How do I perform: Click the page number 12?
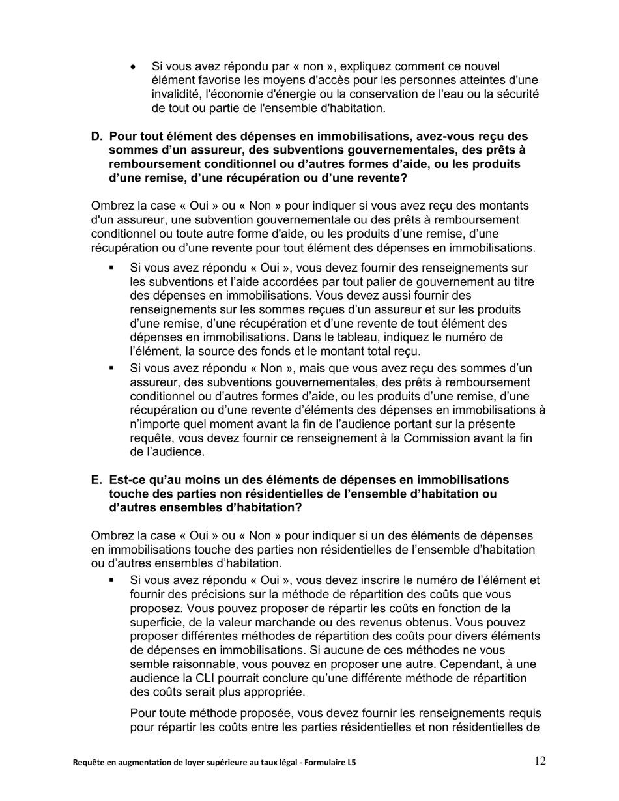click(x=540, y=761)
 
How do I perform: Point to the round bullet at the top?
click(x=134, y=67)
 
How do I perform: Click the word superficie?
click(x=156, y=623)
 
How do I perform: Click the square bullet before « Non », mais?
click(x=111, y=368)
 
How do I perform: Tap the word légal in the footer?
click(x=272, y=762)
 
